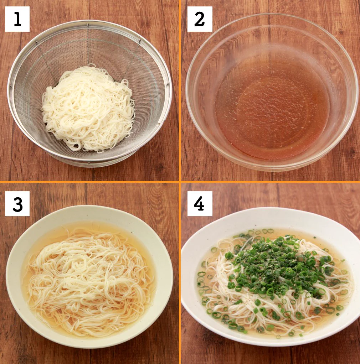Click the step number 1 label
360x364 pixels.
(x=17, y=19)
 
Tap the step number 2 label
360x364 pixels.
(x=200, y=19)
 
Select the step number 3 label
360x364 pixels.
(x=17, y=204)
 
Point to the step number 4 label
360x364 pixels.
(x=200, y=204)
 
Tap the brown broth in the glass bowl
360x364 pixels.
(x=272, y=107)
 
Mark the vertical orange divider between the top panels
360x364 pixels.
(x=180, y=90)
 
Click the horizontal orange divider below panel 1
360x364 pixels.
(x=89, y=182)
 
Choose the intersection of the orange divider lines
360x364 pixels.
(x=180, y=182)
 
